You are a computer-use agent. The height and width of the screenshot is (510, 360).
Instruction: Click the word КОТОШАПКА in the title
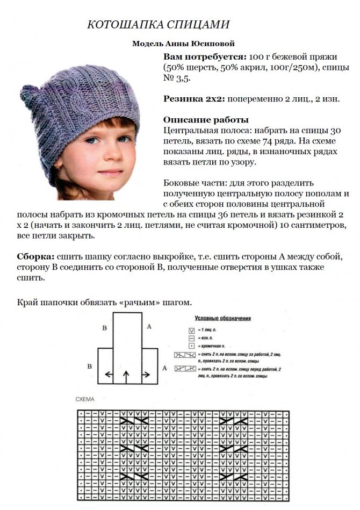tap(118, 25)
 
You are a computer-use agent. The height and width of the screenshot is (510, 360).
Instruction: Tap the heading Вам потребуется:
tap(205, 56)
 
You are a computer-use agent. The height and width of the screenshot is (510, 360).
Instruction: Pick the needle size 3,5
tap(183, 78)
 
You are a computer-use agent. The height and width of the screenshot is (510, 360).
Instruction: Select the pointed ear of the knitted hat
tap(29, 97)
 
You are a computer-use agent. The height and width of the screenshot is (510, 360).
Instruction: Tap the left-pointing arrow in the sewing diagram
tap(109, 374)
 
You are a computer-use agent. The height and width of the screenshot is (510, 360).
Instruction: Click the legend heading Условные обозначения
tap(222, 318)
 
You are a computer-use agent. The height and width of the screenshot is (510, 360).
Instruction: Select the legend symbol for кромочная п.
tap(191, 346)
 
